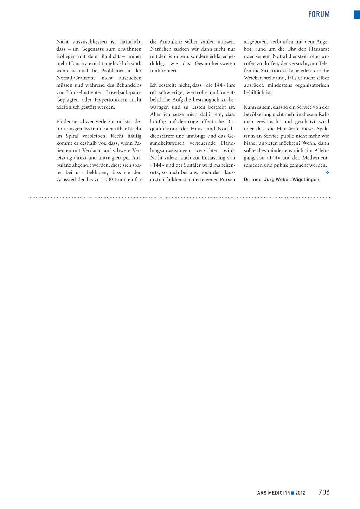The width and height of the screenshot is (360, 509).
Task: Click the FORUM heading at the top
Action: (x=319, y=14)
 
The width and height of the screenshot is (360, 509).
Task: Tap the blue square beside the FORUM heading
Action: (x=356, y=14)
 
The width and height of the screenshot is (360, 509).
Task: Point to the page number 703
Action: (x=324, y=492)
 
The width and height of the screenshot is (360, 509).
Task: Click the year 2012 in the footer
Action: (x=300, y=493)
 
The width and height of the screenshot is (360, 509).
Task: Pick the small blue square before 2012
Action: (x=292, y=493)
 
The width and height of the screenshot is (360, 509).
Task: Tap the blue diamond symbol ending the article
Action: (x=327, y=172)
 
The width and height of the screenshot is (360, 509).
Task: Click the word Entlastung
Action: (x=214, y=158)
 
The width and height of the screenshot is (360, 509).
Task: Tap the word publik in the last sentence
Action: (x=281, y=165)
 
